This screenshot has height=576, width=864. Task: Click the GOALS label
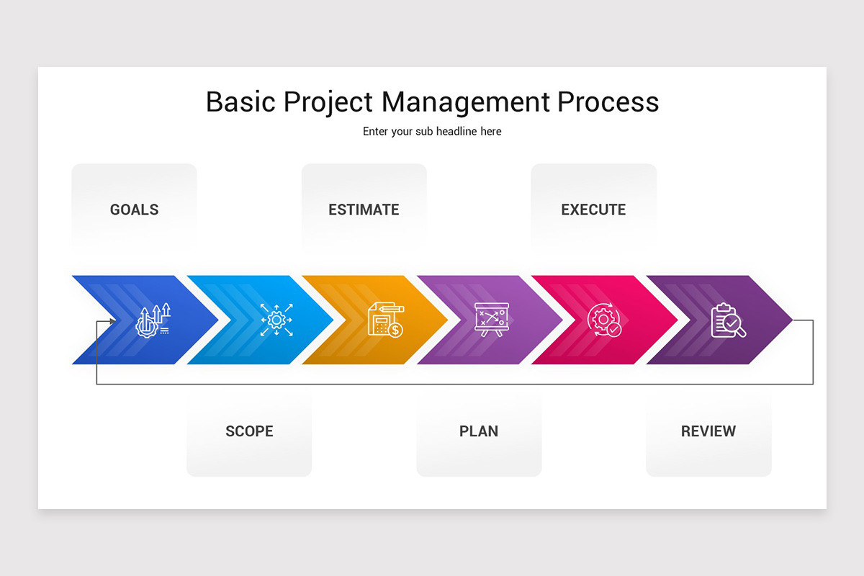(x=134, y=210)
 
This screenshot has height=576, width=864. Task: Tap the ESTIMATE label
(x=364, y=210)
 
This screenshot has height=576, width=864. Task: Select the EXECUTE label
(x=593, y=210)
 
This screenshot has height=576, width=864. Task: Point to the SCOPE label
(x=249, y=431)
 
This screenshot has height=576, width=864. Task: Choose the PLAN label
(x=479, y=431)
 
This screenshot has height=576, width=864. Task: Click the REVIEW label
(x=708, y=431)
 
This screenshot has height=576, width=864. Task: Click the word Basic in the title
(x=240, y=102)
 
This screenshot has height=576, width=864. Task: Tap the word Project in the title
(x=329, y=102)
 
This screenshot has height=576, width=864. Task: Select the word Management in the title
(x=466, y=102)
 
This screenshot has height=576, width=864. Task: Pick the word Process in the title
(x=608, y=102)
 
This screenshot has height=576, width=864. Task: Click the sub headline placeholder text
(x=432, y=131)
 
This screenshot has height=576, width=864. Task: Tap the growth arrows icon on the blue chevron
(x=153, y=320)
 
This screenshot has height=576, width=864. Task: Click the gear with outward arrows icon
(x=276, y=320)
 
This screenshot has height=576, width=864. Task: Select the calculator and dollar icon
(x=385, y=320)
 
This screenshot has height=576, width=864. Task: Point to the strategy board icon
(x=492, y=320)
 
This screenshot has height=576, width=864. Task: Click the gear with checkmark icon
(x=604, y=320)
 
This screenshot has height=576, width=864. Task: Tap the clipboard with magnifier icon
(x=728, y=320)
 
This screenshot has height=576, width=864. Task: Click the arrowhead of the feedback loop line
(x=112, y=320)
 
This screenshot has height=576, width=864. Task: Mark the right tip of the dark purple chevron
(x=791, y=320)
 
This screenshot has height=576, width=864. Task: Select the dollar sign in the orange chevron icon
(x=395, y=330)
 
